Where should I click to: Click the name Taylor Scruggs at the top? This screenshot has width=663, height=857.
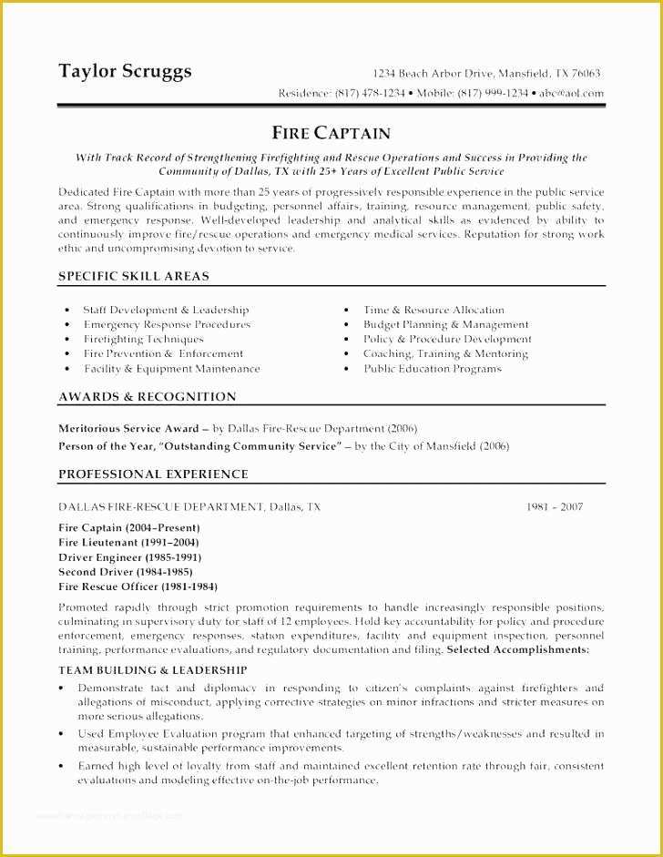(125, 71)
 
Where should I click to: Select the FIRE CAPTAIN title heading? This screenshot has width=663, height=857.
(331, 133)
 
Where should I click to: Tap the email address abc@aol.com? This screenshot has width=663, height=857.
(569, 93)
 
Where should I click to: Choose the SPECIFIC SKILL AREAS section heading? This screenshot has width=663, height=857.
(134, 276)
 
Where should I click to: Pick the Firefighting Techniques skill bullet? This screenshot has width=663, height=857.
(144, 339)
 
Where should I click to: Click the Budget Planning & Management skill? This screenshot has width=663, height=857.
(445, 324)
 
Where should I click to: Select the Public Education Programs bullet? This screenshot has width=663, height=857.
(433, 369)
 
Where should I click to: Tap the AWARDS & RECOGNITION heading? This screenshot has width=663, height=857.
(148, 397)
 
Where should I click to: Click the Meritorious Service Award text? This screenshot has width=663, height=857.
(128, 427)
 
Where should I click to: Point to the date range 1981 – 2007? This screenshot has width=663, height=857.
(555, 506)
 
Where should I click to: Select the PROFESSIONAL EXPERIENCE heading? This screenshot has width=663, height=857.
(153, 474)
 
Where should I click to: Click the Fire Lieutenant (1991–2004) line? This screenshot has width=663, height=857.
(128, 543)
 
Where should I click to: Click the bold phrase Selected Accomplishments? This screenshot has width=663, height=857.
(517, 650)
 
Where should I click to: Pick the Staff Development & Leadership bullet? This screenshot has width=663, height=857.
(166, 310)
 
